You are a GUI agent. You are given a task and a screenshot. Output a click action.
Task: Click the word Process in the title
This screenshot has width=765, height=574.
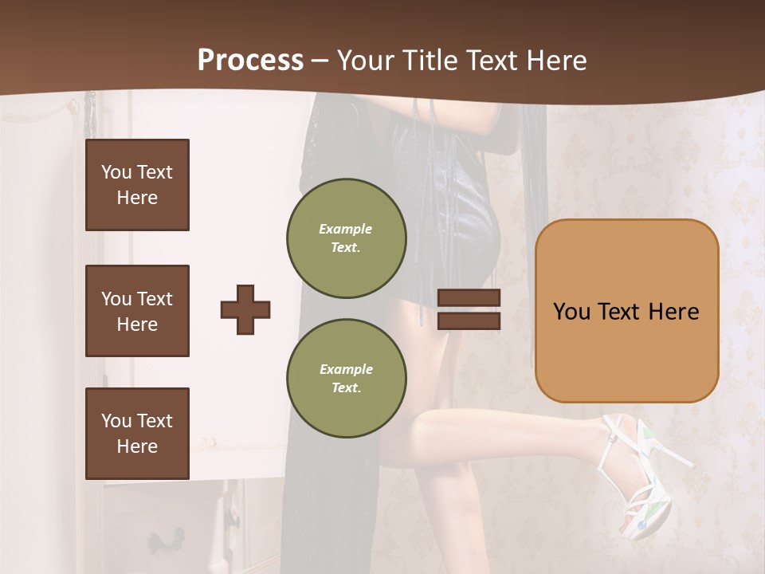[x=250, y=60]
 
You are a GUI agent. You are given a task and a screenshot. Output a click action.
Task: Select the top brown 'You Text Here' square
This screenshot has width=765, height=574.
[x=137, y=185]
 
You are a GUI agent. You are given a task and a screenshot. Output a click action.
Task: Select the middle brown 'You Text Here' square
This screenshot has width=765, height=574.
[x=137, y=311]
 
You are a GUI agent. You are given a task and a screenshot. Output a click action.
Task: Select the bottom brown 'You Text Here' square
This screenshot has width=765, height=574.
[x=137, y=434]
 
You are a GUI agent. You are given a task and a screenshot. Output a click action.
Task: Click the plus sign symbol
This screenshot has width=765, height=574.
[x=245, y=309]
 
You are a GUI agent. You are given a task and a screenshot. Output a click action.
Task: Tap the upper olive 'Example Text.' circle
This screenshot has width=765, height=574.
[x=346, y=238]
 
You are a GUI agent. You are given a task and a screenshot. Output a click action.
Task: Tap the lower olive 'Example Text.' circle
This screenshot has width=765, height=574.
[x=346, y=379]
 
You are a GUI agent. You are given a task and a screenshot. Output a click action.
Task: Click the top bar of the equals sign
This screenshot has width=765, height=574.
[x=469, y=298]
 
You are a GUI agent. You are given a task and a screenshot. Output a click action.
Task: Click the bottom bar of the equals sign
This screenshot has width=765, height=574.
[x=469, y=320]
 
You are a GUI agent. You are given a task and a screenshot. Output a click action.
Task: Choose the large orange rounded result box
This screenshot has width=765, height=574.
[x=626, y=311]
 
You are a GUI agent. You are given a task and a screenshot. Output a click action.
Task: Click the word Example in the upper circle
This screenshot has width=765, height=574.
[x=346, y=229]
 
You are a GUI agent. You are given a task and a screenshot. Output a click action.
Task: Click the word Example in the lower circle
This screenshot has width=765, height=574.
[x=346, y=369]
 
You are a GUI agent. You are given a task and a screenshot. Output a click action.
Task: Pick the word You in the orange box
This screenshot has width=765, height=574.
[x=571, y=311]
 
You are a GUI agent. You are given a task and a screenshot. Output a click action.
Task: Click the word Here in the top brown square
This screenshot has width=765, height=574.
[x=137, y=198]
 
